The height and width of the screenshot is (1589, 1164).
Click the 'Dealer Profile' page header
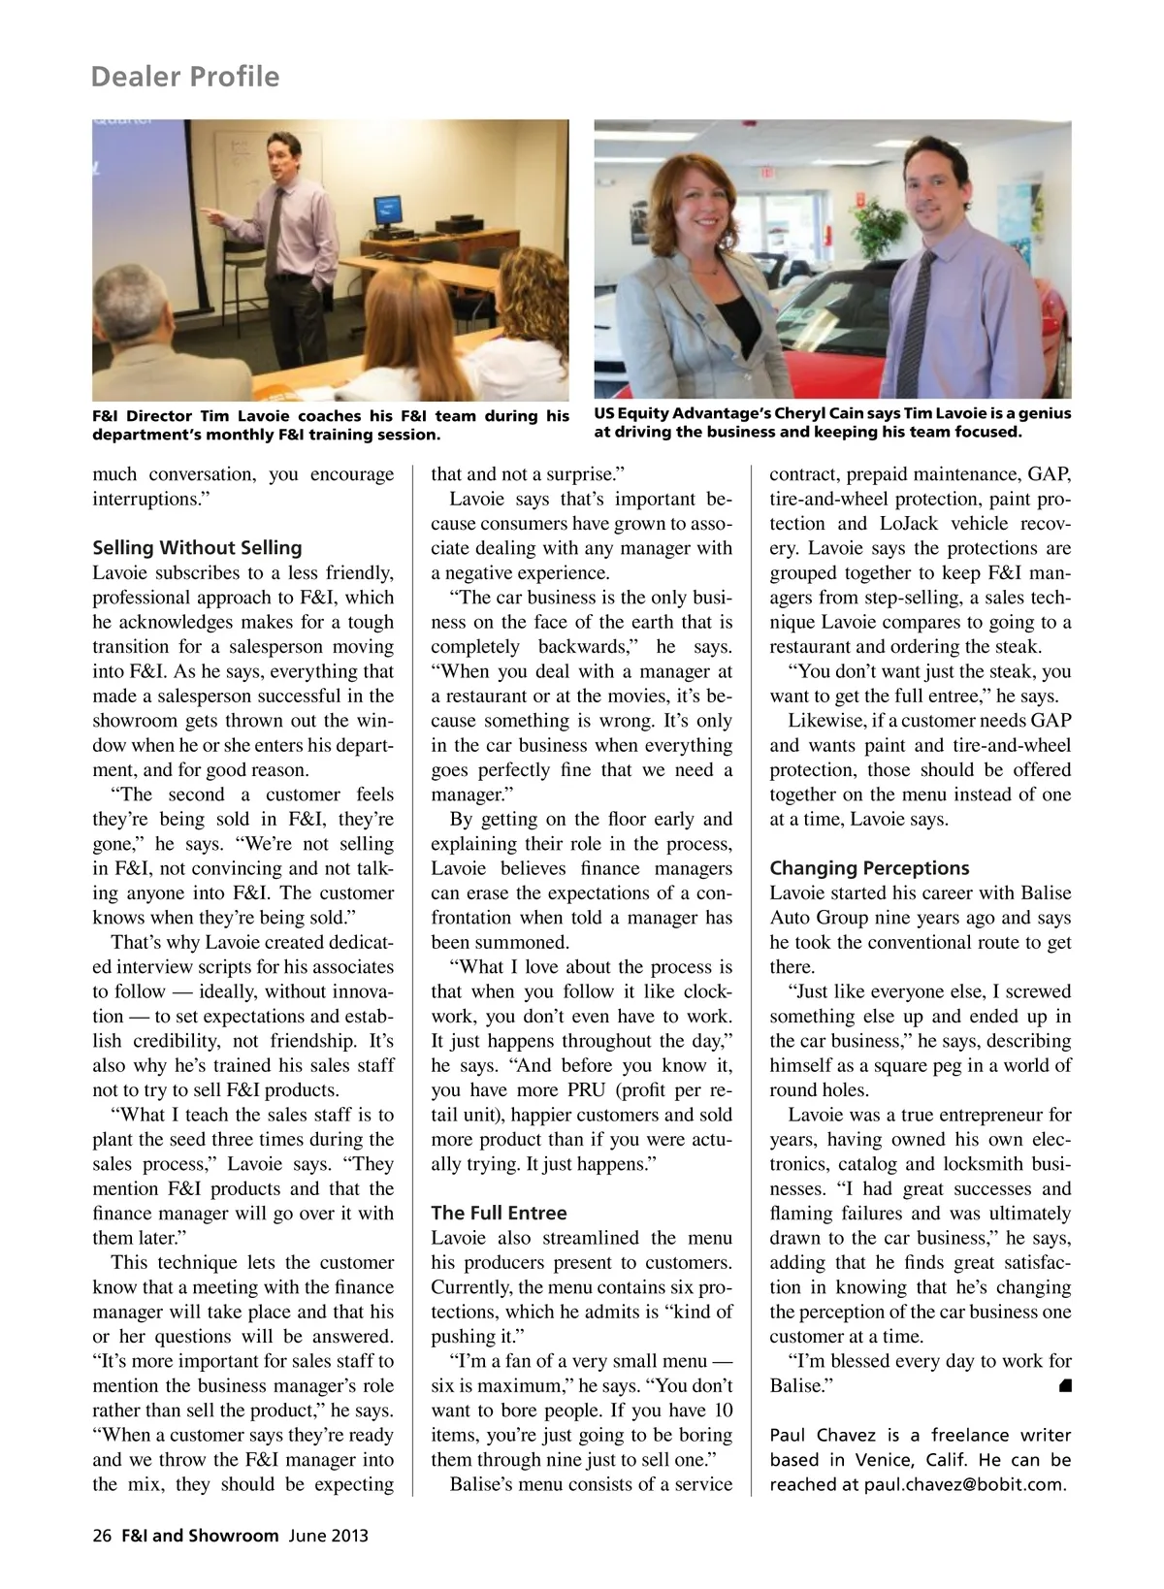(184, 77)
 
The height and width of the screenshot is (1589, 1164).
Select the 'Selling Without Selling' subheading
(197, 547)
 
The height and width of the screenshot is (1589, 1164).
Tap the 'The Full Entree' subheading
(499, 1213)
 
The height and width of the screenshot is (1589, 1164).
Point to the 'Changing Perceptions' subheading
(869, 868)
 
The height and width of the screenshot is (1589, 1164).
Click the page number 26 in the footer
(102, 1536)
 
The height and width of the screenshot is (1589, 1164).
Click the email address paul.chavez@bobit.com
(963, 1484)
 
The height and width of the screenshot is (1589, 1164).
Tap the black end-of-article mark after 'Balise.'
(1064, 1385)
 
